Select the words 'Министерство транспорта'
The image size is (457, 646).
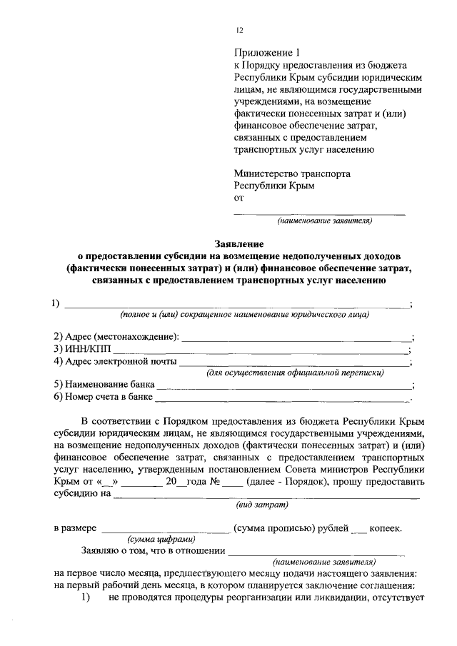292,173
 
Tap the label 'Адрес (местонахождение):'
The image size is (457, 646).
118,336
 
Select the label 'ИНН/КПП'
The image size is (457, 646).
82,349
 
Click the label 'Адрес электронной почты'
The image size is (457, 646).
115,361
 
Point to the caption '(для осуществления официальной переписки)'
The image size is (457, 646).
295,372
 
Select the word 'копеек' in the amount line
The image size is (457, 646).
386,529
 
